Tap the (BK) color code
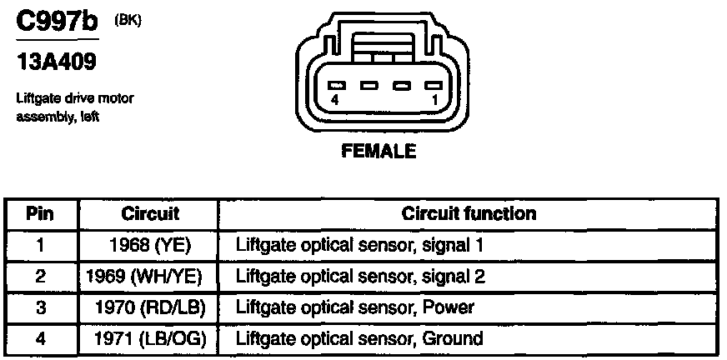point(127,20)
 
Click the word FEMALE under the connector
point(378,152)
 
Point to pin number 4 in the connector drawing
point(333,98)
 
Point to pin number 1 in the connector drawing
point(434,98)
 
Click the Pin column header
point(39,214)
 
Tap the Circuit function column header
point(469,214)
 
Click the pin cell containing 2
point(39,277)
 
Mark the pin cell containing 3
point(39,307)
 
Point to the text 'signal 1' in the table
point(455,246)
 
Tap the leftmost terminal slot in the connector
point(336,85)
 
